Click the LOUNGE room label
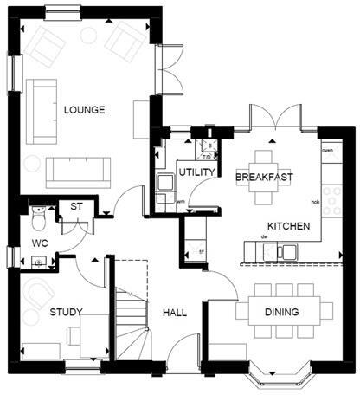84,110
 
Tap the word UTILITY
196,172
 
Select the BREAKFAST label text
264,177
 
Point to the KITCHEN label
288,225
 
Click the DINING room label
282,312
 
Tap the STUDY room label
66,312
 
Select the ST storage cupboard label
75,207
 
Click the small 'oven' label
327,152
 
